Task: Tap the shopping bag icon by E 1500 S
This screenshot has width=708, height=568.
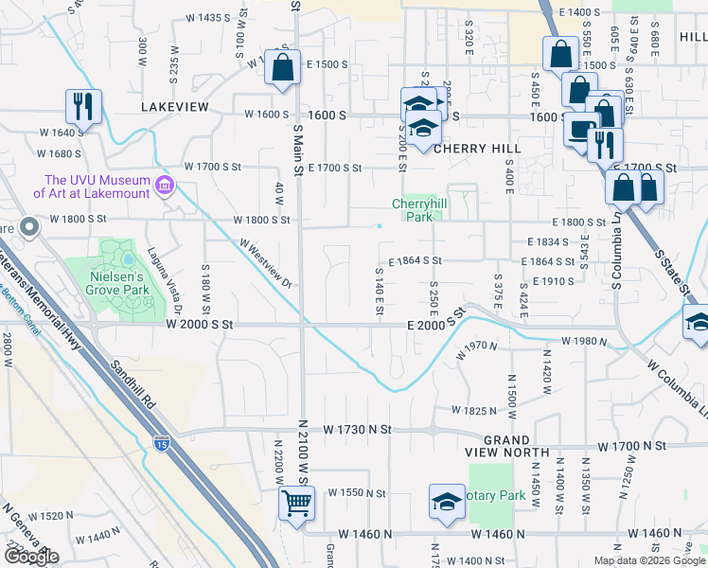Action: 282,68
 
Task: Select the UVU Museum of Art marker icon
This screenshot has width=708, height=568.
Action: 166,184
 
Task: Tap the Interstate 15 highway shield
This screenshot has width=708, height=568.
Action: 162,441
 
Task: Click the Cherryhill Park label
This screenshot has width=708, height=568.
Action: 417,209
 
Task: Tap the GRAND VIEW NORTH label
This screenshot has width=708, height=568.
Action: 507,449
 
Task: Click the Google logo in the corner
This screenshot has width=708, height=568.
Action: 31,557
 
